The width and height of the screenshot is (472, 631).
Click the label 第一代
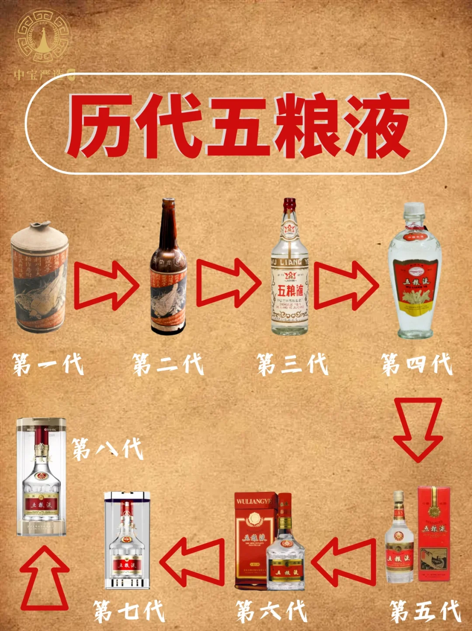[x=48, y=365]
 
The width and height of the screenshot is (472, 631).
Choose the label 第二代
[x=168, y=365]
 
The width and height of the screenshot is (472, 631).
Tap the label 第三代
[x=292, y=365]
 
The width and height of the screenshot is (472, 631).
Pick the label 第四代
[x=416, y=365]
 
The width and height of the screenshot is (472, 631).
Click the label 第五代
[x=425, y=611]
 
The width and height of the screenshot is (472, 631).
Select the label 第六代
[x=271, y=611]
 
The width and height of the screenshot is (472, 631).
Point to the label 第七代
[x=129, y=611]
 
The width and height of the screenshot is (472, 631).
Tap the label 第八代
[x=108, y=449]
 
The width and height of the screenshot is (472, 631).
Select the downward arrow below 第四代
[x=418, y=429]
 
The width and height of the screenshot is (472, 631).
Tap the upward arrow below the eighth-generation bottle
[x=45, y=579]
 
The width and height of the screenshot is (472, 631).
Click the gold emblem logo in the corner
[x=42, y=37]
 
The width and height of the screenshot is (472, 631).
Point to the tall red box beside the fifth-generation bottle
[x=434, y=533]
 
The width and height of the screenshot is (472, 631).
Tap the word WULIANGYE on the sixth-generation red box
[x=254, y=501]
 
